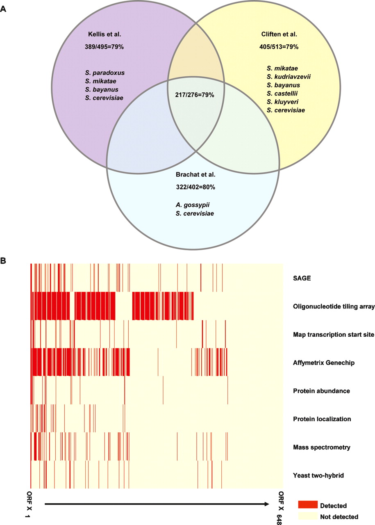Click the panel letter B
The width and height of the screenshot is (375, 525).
[3, 260]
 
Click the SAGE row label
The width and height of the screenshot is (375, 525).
[302, 278]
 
